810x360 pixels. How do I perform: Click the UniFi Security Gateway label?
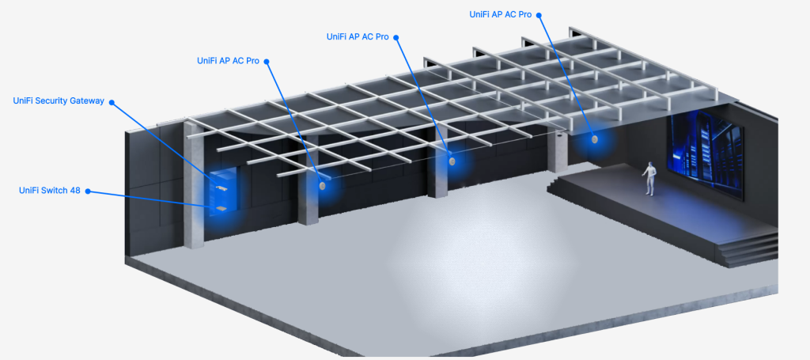(x=59, y=100)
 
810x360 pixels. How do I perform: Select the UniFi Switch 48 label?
(x=50, y=191)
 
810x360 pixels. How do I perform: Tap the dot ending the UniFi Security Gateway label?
(x=111, y=102)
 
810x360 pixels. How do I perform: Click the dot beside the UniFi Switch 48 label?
(x=88, y=191)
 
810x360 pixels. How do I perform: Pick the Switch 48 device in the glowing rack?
(x=221, y=207)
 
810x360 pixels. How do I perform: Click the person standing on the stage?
(x=649, y=179)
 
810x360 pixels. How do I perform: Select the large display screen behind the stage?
(x=706, y=157)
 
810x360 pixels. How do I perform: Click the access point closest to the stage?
(x=595, y=139)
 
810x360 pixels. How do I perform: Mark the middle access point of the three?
(x=452, y=161)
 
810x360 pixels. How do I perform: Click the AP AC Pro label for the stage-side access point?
(x=500, y=14)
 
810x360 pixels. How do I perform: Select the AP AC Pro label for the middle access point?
(x=358, y=36)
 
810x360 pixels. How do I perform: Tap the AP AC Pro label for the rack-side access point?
(x=228, y=60)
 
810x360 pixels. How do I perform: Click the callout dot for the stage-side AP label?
(x=538, y=15)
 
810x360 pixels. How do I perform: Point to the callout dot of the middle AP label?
(x=396, y=37)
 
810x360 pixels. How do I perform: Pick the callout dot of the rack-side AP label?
(x=267, y=62)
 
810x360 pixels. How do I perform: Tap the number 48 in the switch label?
(x=75, y=191)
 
